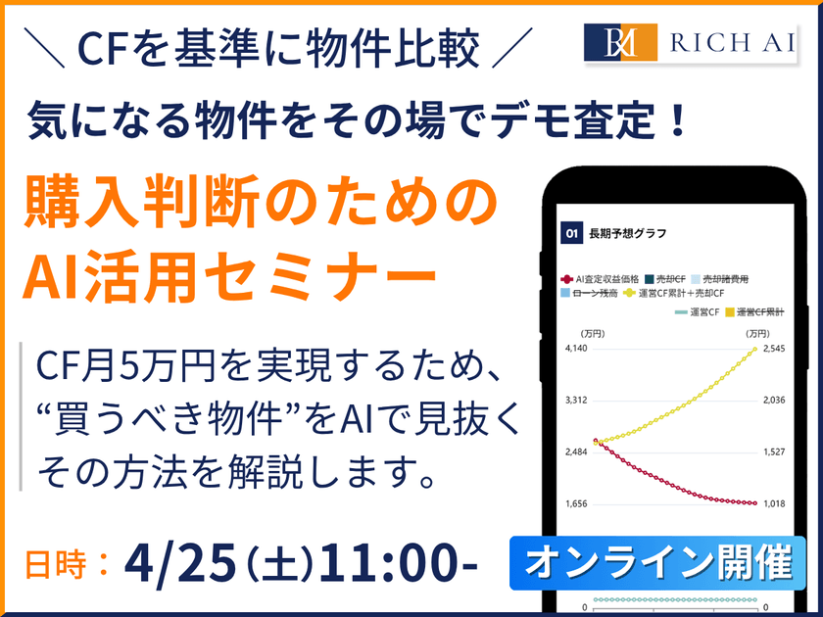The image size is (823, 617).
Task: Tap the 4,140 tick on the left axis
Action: tap(576, 349)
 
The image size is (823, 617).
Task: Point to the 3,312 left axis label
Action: tap(576, 401)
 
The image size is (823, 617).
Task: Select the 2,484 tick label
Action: tap(576, 451)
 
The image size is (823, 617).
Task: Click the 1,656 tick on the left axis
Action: tap(576, 503)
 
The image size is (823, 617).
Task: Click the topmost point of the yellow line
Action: tap(754, 350)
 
